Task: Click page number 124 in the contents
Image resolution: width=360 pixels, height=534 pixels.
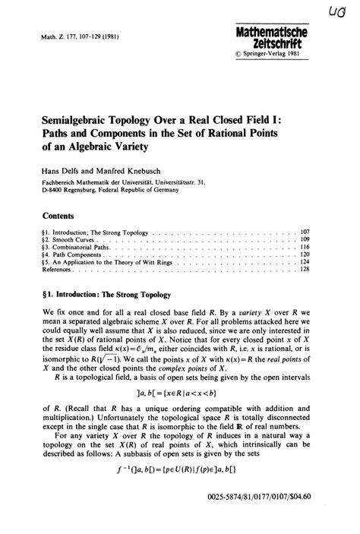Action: click(x=305, y=262)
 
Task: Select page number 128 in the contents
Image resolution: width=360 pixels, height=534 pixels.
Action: click(x=305, y=270)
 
